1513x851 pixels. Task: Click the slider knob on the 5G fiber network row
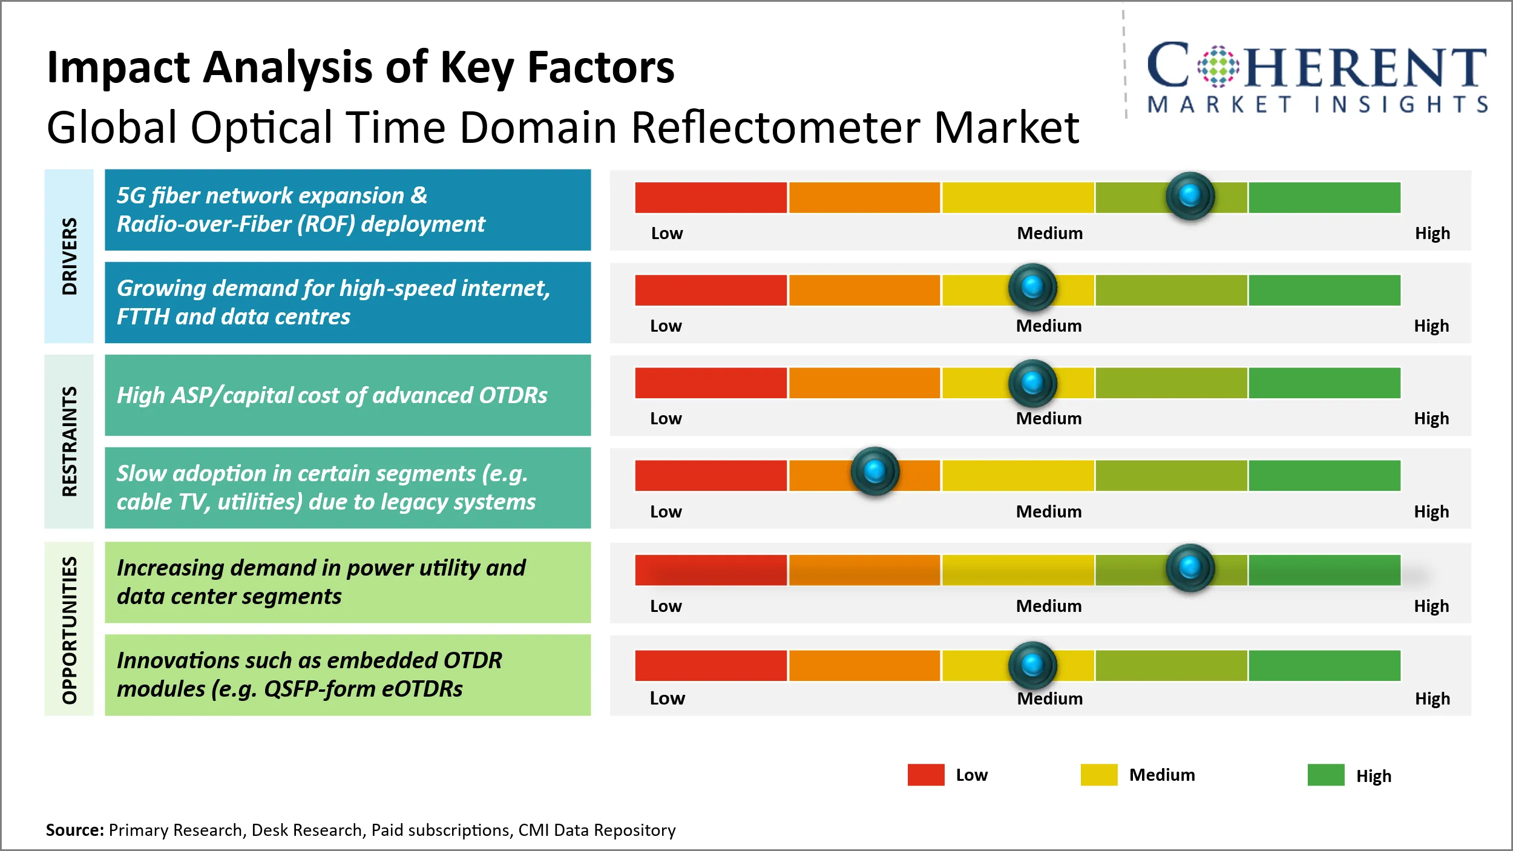point(1190,195)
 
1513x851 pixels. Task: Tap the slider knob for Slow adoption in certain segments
point(875,471)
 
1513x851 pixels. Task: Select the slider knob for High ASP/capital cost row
point(1032,383)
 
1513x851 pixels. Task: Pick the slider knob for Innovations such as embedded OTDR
point(1032,665)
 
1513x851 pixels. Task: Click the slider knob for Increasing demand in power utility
point(1190,567)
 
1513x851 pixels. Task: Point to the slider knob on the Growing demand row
point(1032,286)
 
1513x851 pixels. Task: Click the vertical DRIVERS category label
point(70,256)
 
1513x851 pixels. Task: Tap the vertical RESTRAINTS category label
point(70,441)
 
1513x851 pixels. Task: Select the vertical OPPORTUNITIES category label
point(70,629)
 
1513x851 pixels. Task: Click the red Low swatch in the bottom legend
point(925,775)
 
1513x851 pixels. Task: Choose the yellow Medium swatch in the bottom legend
point(1098,775)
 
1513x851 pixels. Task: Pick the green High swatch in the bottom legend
point(1325,775)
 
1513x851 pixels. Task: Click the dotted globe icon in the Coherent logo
point(1218,66)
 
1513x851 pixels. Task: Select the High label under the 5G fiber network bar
point(1432,233)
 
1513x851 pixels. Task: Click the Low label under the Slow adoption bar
point(666,511)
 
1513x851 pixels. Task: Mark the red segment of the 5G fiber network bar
point(711,197)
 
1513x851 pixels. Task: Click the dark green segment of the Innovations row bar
point(1324,665)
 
